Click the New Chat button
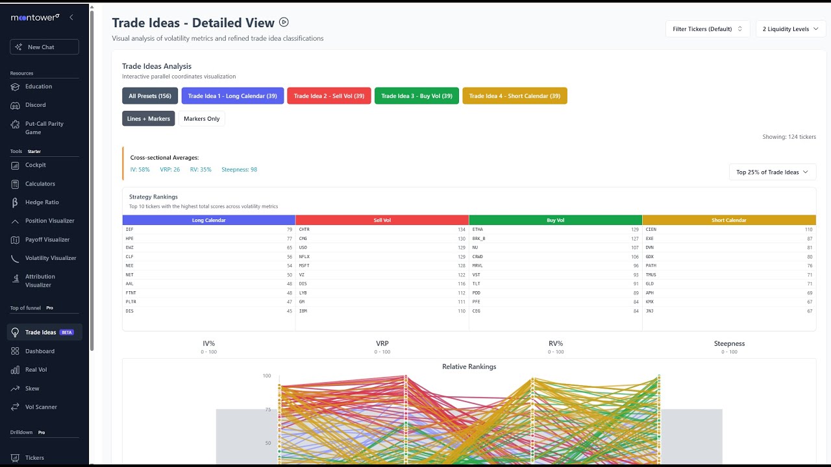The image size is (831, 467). [x=44, y=47]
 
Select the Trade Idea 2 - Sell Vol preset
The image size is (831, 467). [x=329, y=96]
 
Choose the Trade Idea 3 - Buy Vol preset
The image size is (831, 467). [x=417, y=96]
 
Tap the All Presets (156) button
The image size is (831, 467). [x=150, y=96]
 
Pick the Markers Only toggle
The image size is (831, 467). [x=201, y=119]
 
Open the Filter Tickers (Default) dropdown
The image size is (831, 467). [x=708, y=29]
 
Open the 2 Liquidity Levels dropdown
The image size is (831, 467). [x=790, y=29]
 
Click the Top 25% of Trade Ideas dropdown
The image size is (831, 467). [x=773, y=172]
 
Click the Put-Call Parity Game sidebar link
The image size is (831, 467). [x=44, y=128]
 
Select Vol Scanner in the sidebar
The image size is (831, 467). [x=41, y=407]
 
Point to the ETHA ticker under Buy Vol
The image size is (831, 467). [x=478, y=230]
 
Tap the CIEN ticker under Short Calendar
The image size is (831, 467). [x=651, y=230]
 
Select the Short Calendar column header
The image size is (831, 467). [x=729, y=220]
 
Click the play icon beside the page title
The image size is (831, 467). [x=284, y=22]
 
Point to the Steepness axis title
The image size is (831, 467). [x=729, y=344]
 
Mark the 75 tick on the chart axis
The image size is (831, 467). [x=267, y=409]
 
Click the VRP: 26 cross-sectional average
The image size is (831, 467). [x=169, y=169]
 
